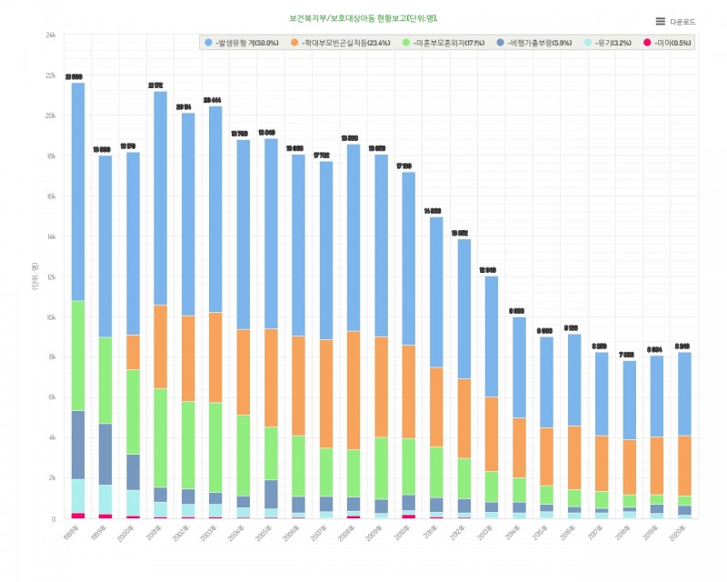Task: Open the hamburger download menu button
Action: point(661,21)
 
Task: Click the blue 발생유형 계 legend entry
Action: point(242,43)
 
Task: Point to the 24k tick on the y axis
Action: point(51,35)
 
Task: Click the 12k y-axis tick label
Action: point(51,276)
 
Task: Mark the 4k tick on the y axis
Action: point(53,437)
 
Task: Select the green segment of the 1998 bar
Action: point(78,356)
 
